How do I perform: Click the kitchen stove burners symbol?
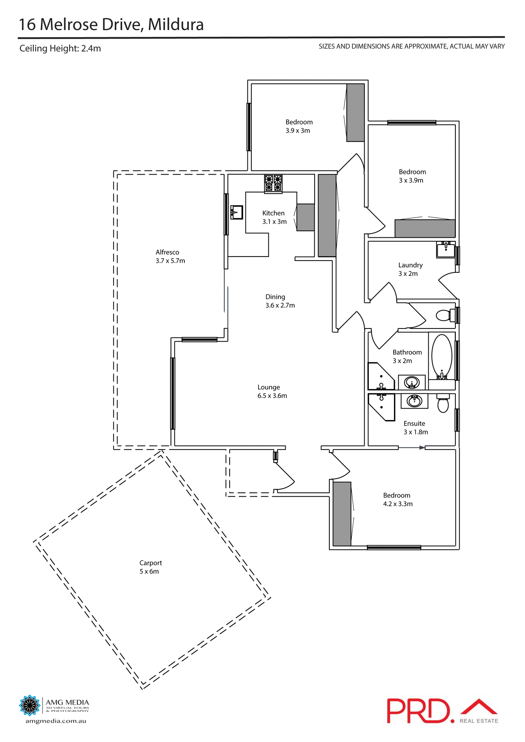(273, 183)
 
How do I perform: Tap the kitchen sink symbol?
(236, 213)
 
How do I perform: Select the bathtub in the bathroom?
(441, 357)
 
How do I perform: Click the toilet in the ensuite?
(443, 403)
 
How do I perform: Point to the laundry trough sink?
(446, 250)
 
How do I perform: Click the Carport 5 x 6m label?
(150, 567)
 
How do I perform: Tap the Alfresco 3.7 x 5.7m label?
(170, 256)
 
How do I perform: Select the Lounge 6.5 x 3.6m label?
(272, 391)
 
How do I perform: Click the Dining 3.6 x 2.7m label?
(280, 301)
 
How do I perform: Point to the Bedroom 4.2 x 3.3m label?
(397, 499)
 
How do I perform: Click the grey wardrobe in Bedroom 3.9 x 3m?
(355, 112)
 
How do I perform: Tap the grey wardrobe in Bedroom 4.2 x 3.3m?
(342, 514)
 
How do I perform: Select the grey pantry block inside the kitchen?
(305, 217)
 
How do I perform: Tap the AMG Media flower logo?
(30, 705)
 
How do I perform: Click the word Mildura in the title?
(176, 24)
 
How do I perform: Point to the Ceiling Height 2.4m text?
(60, 48)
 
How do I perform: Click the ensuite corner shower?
(381, 406)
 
